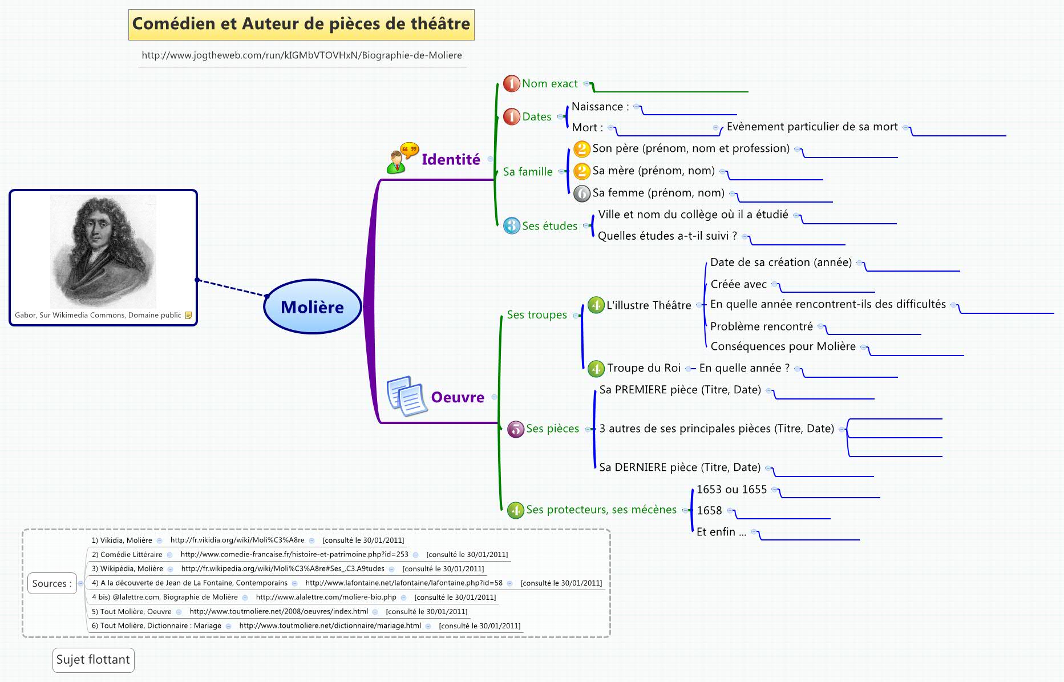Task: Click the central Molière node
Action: point(313,307)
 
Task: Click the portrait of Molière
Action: point(103,251)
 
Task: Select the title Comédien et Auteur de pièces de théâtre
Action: point(301,24)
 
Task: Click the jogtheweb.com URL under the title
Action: point(302,55)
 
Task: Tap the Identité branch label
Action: point(451,160)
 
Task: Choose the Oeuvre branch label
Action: point(458,397)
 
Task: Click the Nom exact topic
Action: point(549,84)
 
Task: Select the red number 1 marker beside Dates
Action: point(512,116)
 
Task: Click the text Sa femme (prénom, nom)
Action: point(658,193)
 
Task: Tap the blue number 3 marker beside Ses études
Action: point(512,226)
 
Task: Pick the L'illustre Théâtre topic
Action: point(649,305)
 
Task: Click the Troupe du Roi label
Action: point(644,368)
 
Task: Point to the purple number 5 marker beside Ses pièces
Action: point(516,429)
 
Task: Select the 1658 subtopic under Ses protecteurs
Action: point(709,511)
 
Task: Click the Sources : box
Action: point(52,583)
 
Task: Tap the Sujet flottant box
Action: point(93,660)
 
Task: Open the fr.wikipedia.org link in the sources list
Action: point(282,568)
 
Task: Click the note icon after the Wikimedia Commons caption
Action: point(188,315)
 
